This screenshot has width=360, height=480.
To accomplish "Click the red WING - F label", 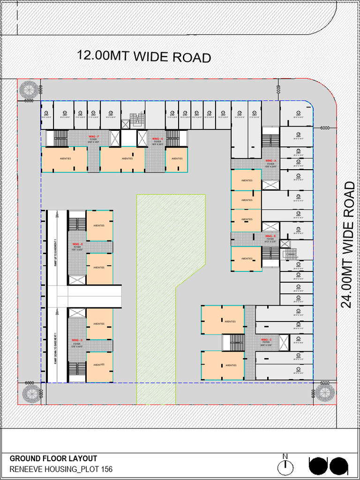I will [94, 136].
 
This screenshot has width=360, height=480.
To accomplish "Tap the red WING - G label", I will [157, 139].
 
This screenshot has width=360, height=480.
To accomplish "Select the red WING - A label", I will [271, 160].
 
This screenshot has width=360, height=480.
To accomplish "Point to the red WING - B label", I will [270, 236].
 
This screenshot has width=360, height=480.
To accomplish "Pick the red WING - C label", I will [266, 339].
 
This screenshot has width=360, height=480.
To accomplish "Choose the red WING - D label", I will [77, 340].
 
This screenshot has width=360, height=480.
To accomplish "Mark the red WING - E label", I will [77, 244].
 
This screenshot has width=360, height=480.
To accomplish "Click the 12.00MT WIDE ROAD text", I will [144, 56].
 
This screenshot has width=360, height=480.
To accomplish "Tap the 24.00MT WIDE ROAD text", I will [348, 245].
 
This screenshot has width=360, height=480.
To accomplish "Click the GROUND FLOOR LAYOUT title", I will [53, 458].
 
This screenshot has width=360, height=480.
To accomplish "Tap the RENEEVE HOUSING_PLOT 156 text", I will [61, 469].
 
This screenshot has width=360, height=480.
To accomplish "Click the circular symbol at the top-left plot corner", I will [29, 89].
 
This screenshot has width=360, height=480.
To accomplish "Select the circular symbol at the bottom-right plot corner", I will [324, 393].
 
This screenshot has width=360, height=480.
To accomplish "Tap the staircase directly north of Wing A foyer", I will [270, 140].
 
